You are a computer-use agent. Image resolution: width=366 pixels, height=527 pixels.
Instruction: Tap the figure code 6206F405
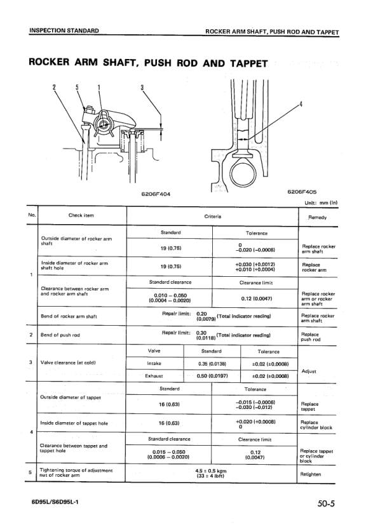(x=304, y=189)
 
